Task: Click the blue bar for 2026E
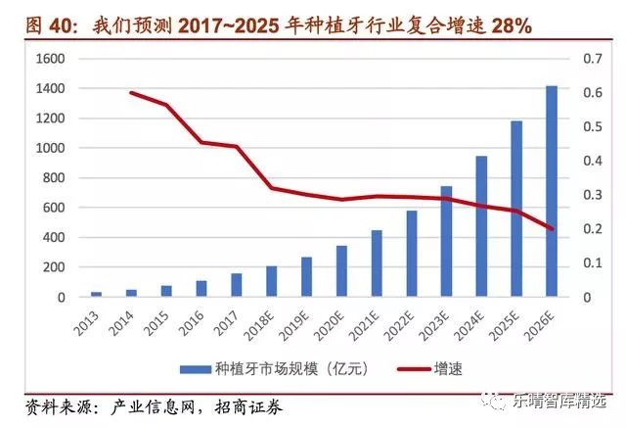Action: [x=552, y=191]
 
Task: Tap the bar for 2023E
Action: [x=446, y=241]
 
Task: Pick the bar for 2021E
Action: [x=377, y=263]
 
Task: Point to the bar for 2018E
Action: [x=271, y=281]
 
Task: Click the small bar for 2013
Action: [x=96, y=294]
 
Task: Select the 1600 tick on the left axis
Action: [x=50, y=59]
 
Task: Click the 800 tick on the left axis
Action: [x=54, y=178]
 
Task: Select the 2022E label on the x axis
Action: [x=405, y=323]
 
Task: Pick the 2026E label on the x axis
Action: [x=546, y=323]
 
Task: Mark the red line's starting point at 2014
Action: [x=131, y=93]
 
